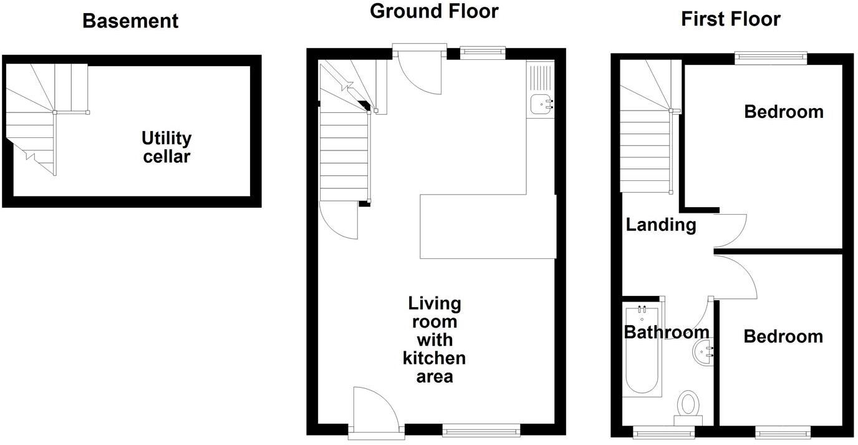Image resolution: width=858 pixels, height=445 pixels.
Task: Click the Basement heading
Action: pos(130,21)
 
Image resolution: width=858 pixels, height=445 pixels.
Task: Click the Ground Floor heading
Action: pos(434,11)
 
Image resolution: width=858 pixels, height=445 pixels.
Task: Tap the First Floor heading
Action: pos(730,19)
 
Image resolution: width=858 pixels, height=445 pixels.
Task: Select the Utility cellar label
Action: pos(166,147)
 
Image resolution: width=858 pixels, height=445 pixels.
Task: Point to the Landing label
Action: pos(661,224)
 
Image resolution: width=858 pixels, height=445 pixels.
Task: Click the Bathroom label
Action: pos(667,331)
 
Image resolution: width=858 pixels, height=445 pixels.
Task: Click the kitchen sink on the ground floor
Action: pos(541,105)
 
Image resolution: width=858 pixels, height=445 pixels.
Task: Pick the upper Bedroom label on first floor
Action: pos(783,112)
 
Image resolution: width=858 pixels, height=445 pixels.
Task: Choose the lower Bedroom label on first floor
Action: pos(783,336)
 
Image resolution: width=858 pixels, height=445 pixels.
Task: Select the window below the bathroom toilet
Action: pos(663,431)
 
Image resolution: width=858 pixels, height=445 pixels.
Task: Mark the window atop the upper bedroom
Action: pos(771,58)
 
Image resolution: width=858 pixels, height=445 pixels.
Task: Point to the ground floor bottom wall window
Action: pos(481,429)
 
